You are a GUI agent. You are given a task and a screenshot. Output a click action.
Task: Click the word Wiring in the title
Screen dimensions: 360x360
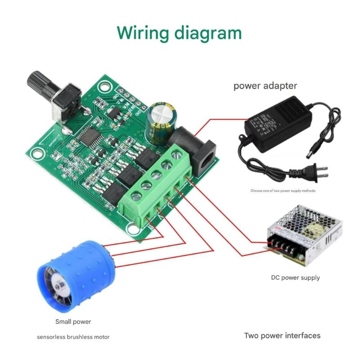tap(144, 33)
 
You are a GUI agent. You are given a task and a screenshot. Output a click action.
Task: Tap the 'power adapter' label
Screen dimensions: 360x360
tap(265, 85)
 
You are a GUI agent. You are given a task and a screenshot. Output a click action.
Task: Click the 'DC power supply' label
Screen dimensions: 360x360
tap(295, 277)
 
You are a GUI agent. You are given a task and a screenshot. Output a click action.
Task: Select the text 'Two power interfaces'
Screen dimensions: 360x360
tap(282, 335)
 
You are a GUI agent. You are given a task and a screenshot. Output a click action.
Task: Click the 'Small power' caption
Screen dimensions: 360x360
tap(73, 322)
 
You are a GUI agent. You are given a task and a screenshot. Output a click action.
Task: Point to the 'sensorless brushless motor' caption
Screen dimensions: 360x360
tap(73, 337)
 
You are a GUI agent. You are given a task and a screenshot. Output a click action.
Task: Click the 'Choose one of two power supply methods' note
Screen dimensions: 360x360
tap(283, 190)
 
